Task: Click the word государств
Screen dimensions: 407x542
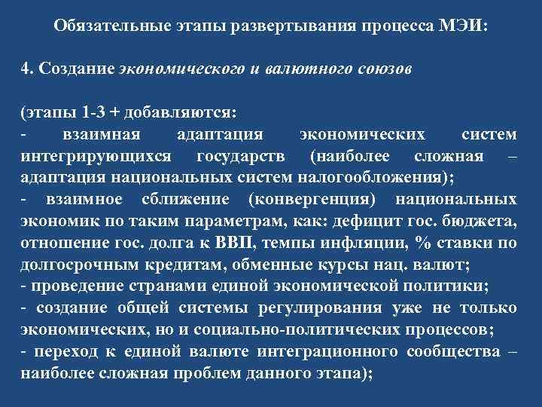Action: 233,157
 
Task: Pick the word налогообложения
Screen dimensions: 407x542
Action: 391,179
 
